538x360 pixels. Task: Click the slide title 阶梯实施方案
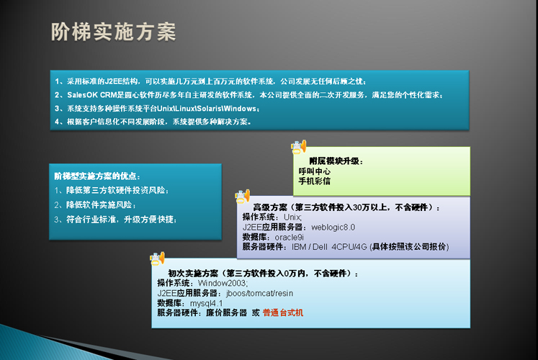(114, 32)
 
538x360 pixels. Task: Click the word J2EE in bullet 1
(114, 81)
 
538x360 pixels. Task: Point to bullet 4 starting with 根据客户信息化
(153, 122)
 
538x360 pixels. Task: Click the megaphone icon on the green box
(298, 147)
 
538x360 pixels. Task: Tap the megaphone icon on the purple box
(242, 196)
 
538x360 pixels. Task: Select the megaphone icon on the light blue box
(157, 258)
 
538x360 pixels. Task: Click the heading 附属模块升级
(336, 161)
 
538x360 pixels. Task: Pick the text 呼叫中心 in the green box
(314, 171)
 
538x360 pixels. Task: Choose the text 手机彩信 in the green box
(314, 181)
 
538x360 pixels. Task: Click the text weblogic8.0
(333, 228)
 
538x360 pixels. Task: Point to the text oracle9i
(290, 238)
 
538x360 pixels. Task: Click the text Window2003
(223, 283)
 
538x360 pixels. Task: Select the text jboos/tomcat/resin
(260, 294)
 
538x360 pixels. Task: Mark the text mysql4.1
(206, 303)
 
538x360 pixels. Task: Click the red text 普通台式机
(283, 312)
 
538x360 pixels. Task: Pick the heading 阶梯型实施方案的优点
(97, 176)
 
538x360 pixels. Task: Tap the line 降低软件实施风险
(94, 205)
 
